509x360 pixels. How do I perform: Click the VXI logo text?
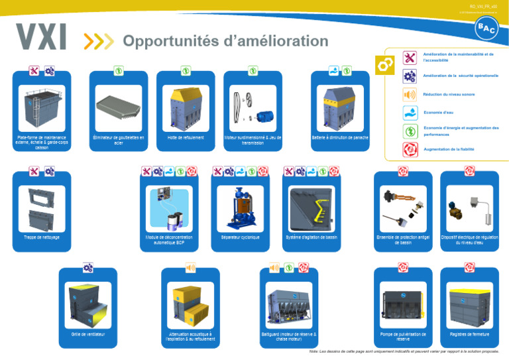tap(41, 38)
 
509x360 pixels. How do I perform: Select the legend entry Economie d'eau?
tap(438, 113)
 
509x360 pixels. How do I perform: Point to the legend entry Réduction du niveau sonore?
tap(449, 94)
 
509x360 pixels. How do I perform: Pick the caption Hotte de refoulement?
tap(186, 138)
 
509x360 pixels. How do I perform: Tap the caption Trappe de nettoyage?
tap(42, 237)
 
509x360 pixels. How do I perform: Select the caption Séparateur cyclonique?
tap(240, 237)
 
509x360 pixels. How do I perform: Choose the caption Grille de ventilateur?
tap(88, 334)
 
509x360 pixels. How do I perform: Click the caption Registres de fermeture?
tap(469, 334)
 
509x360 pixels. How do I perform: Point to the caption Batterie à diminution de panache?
tap(339, 138)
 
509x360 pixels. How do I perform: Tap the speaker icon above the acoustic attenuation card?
tap(190, 268)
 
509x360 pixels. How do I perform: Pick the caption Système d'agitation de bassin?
tap(311, 237)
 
